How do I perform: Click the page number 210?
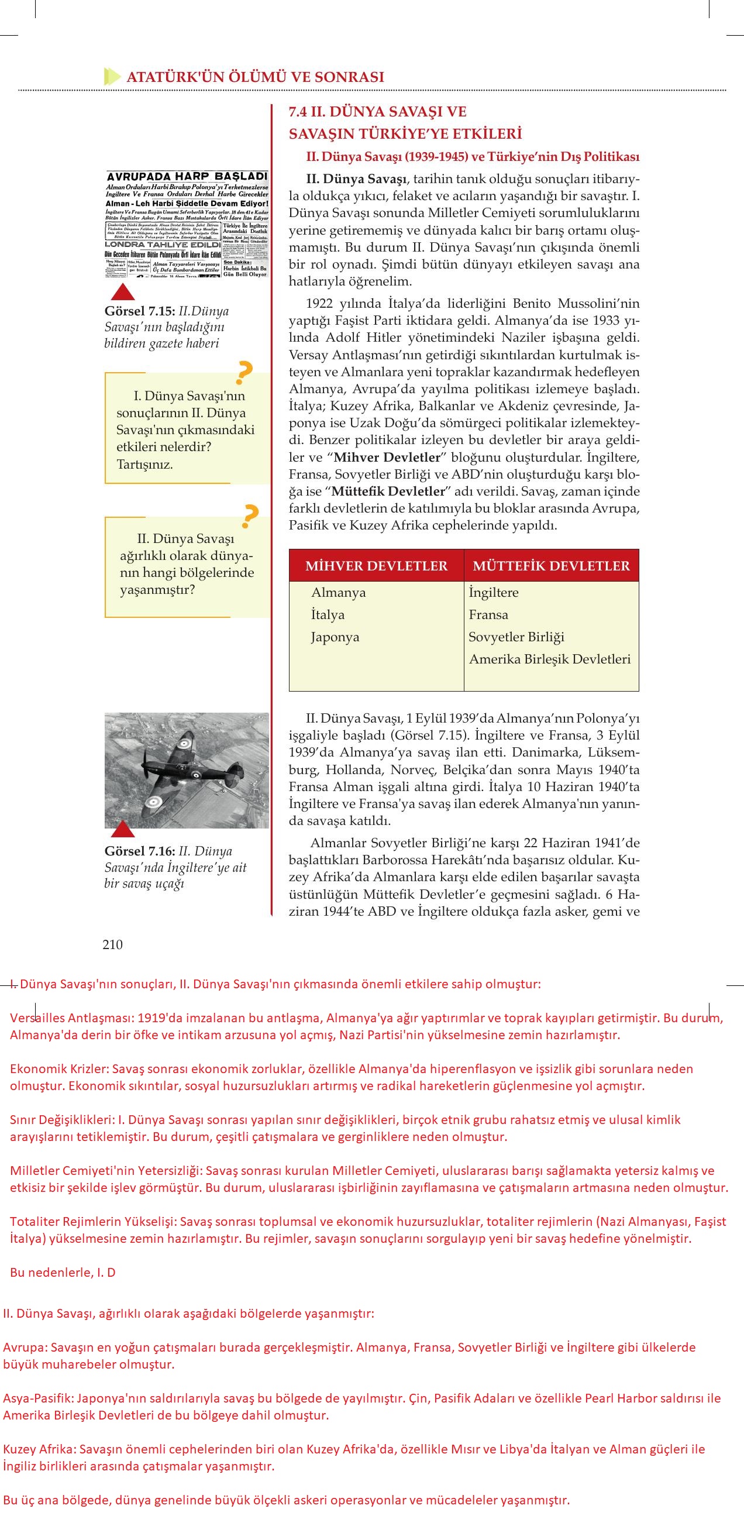pyautogui.click(x=112, y=945)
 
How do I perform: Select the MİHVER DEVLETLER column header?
pyautogui.click(x=376, y=566)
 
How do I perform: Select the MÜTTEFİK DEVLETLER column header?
pyautogui.click(x=551, y=566)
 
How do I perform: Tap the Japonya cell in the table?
pyautogui.click(x=335, y=637)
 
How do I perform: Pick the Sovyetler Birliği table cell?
pyautogui.click(x=516, y=637)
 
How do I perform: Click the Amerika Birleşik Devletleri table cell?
pyautogui.click(x=549, y=659)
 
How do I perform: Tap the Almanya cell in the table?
pyautogui.click(x=338, y=592)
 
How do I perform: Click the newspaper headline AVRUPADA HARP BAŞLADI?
pyautogui.click(x=187, y=177)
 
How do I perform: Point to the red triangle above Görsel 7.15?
pyautogui.click(x=123, y=291)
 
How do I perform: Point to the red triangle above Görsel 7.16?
pyautogui.click(x=123, y=830)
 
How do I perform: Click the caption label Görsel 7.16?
pyautogui.click(x=139, y=851)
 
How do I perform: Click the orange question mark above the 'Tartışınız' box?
pyautogui.click(x=243, y=373)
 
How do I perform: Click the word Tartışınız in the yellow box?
pyautogui.click(x=144, y=464)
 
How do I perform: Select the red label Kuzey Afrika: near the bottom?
pyautogui.click(x=40, y=1449)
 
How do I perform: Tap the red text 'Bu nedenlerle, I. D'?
pyautogui.click(x=63, y=1273)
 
